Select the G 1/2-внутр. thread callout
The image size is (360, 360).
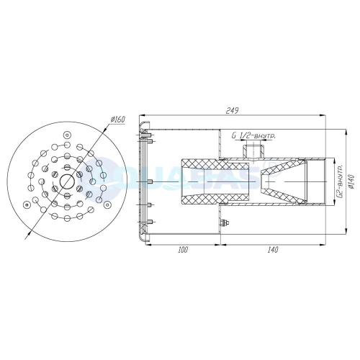pyautogui.click(x=255, y=135)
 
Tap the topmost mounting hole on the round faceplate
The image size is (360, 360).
pyautogui.click(x=66, y=135)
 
